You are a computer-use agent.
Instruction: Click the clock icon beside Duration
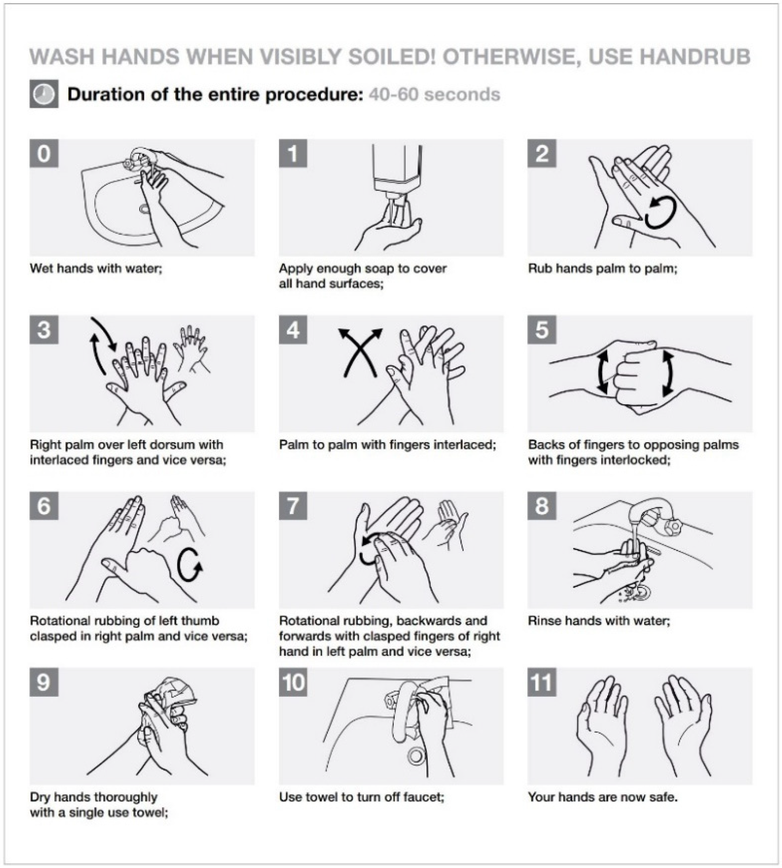[44, 94]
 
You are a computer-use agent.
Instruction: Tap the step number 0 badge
[44, 153]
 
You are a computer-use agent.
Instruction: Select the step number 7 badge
[293, 506]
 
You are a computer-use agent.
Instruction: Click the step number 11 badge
[542, 682]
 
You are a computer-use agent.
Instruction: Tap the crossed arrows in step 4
[360, 353]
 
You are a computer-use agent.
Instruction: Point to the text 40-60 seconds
[434, 94]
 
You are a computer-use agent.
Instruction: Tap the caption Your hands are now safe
[603, 797]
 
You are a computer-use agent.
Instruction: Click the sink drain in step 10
[415, 756]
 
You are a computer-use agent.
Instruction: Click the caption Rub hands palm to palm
[602, 268]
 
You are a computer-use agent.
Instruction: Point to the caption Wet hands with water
[96, 268]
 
